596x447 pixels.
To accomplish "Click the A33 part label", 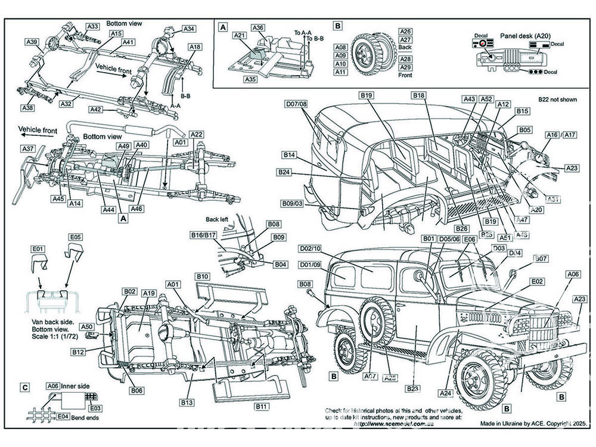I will tap(92, 26).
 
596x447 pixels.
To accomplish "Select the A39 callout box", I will tap(32, 42).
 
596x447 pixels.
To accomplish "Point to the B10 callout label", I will tap(202, 277).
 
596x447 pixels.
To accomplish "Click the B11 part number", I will tap(260, 406).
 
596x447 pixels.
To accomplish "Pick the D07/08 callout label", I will tap(296, 104).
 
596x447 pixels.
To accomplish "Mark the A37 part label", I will tap(28, 148).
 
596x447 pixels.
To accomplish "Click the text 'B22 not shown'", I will tap(557, 100).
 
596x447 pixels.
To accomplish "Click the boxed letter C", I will tap(24, 388).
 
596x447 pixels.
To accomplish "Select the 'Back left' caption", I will tap(218, 219).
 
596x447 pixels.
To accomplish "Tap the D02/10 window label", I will tap(310, 248).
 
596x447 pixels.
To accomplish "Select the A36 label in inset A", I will tap(258, 28).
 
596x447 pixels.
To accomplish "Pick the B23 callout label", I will tap(412, 389).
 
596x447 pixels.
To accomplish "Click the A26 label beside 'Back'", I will tap(405, 32).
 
